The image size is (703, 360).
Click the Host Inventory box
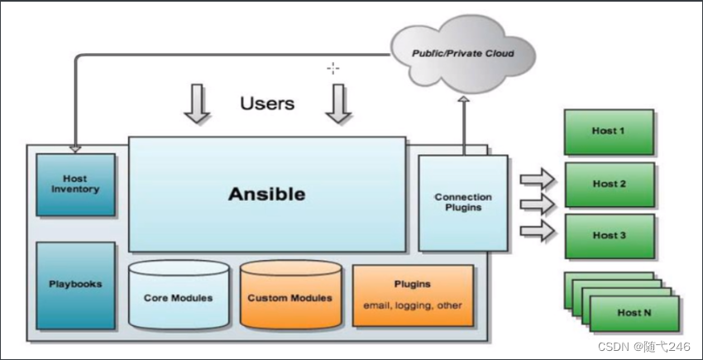point(75,184)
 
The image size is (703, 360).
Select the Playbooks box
point(75,284)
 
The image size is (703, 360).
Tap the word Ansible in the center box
point(266,194)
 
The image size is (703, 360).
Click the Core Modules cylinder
point(178,296)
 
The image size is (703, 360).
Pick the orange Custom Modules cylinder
point(290,296)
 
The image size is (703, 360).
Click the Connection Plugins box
point(462,202)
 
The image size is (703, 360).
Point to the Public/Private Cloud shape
point(463,54)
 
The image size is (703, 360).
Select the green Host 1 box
point(609,131)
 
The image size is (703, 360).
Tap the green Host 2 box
point(609,184)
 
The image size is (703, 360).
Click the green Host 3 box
point(609,235)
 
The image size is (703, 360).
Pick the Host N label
point(634,313)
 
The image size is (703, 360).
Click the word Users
point(267,103)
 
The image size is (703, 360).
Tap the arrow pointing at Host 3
point(536,230)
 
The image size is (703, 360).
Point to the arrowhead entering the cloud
point(463,101)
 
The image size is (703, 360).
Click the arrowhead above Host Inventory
point(75,148)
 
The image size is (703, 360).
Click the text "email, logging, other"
point(413,305)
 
